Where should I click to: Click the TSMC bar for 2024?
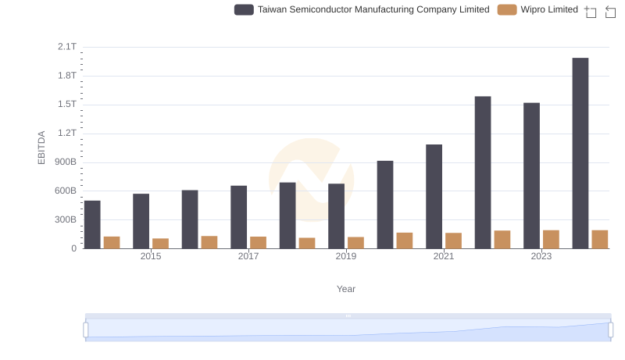click(580, 153)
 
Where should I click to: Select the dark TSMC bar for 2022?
click(483, 173)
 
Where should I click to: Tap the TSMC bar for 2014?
click(92, 225)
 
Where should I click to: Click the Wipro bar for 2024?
click(599, 240)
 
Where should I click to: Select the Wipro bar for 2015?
click(160, 244)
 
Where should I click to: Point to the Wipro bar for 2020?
click(404, 241)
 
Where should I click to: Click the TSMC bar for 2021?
click(434, 197)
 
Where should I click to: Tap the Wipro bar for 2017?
click(258, 243)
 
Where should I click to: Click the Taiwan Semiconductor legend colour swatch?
click(244, 9)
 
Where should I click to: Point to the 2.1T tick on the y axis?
click(67, 47)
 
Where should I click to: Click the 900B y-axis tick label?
click(65, 162)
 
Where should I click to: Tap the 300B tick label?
click(65, 220)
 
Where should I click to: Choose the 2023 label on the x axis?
click(541, 256)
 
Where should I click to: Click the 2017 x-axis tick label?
click(248, 256)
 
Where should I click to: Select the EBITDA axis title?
click(42, 147)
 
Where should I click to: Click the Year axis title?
click(346, 289)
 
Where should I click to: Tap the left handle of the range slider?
click(86, 330)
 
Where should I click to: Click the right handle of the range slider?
click(610, 330)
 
